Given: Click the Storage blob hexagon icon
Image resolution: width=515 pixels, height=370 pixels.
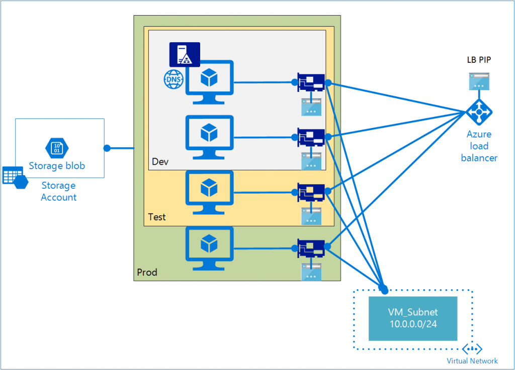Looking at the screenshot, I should pos(56,148).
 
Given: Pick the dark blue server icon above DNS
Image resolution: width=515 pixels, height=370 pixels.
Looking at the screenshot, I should pos(185,54).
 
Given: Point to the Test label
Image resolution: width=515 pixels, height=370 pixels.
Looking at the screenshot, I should pos(157,217).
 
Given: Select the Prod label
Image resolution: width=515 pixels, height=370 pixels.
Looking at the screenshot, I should pos(147,273).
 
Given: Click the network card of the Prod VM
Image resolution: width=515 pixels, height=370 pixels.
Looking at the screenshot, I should pos(311,248).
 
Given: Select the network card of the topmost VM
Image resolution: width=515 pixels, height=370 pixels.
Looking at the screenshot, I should pos(311,82).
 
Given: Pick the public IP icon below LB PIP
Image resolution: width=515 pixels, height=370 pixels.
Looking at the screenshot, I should pos(479,81).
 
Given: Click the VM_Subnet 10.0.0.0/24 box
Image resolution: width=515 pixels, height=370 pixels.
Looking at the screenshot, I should pos(413,318).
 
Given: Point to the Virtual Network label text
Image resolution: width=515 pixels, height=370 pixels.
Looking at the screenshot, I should pos(472,361).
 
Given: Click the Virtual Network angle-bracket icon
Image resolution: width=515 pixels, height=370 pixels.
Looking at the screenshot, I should pos(472,349).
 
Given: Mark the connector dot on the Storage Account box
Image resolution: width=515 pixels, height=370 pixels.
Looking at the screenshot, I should pos(107,148).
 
